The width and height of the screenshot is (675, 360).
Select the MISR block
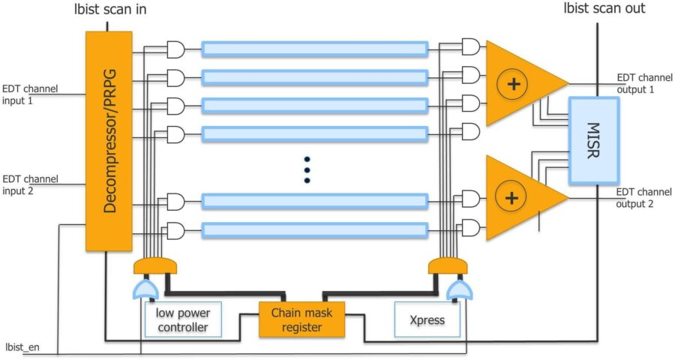[592, 140]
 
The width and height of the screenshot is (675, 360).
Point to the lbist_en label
[21, 346]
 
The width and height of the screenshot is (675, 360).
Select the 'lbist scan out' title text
[604, 9]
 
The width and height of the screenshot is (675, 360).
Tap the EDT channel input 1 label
[26, 93]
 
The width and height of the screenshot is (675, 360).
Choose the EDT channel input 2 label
[26, 184]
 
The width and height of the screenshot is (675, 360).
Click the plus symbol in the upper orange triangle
[513, 84]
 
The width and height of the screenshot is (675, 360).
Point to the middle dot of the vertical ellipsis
[306, 169]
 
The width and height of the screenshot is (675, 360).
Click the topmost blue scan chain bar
[315, 49]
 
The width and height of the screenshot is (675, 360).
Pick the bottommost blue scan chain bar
[315, 229]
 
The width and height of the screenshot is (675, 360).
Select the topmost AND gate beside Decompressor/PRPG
[176, 50]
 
